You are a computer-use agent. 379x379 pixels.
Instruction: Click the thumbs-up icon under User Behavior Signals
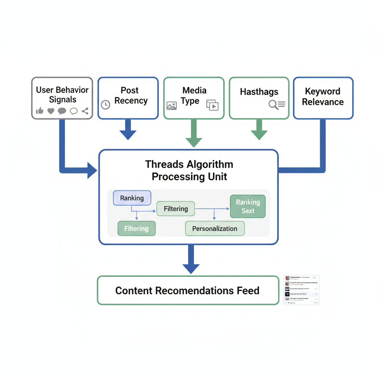tap(40, 111)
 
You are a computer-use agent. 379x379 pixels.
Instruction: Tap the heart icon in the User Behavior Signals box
tap(51, 111)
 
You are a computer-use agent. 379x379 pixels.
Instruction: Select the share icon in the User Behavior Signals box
tap(85, 111)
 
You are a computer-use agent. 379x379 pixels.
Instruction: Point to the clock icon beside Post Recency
tap(105, 105)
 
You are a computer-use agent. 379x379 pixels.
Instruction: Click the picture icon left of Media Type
tap(171, 105)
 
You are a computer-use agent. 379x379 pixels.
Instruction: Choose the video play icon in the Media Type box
tap(212, 105)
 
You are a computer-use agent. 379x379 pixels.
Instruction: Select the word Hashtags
tap(259, 92)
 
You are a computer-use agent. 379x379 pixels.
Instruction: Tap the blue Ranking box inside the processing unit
tap(132, 198)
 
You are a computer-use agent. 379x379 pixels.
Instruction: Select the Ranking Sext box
tap(248, 206)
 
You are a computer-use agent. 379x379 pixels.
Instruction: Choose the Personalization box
tap(215, 228)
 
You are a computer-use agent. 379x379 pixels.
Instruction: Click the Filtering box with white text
tap(137, 228)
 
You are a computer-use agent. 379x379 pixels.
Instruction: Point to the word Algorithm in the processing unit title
tap(210, 164)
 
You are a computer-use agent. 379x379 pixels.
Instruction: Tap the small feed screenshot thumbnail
tap(301, 290)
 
